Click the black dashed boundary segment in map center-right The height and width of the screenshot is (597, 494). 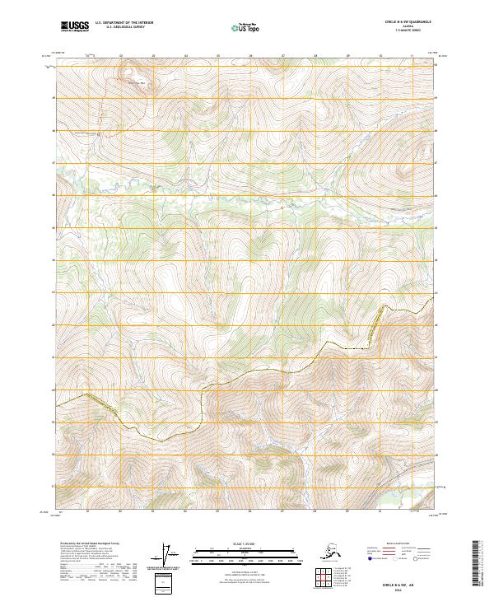pos(356,348)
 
